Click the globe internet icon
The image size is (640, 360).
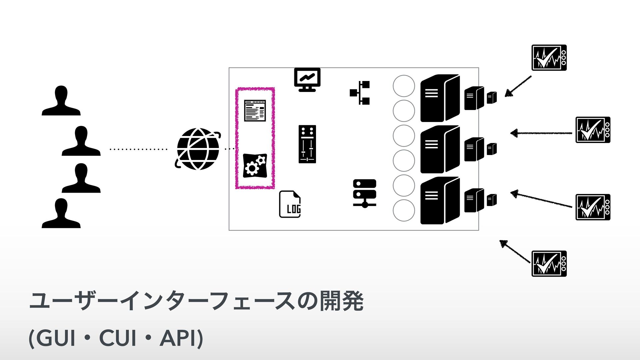pos(198,149)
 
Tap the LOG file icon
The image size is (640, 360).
pos(290,204)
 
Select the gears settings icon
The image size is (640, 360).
pos(255,165)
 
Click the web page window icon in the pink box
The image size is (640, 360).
pos(255,110)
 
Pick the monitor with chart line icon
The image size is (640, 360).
pos(307,79)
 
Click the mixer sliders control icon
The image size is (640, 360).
pos(307,144)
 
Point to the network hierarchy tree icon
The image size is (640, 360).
pos(360,92)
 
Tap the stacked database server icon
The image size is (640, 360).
pos(364,193)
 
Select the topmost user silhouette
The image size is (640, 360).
pos(61,101)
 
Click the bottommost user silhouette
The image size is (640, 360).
pos(61,213)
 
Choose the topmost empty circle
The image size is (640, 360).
pos(404,86)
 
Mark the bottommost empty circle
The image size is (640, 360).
pos(404,210)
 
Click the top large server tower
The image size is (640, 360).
pos(439,98)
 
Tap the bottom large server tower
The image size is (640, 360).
pos(439,200)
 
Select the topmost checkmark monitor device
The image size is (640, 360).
pos(549,58)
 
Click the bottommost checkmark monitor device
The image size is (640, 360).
pos(549,264)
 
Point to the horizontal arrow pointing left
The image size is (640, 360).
pos(542,133)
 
